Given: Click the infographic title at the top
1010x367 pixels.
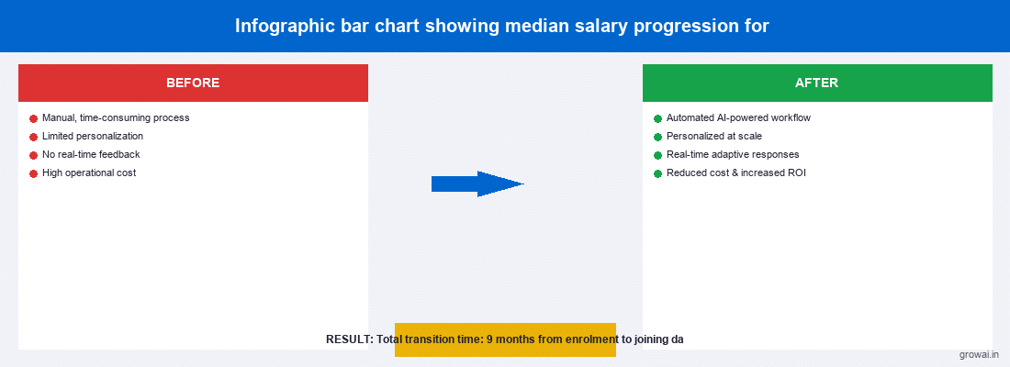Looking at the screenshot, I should [501, 26].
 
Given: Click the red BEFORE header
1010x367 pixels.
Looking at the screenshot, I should [193, 83].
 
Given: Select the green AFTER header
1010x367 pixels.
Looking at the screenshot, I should [816, 83].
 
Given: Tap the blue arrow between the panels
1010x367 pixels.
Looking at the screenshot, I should [477, 183].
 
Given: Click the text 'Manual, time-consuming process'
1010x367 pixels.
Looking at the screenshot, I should [116, 118].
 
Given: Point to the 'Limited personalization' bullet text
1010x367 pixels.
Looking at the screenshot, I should [93, 137].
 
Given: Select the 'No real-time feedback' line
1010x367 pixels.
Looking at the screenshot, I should [91, 155].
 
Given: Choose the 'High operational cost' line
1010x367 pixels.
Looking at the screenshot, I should [89, 173].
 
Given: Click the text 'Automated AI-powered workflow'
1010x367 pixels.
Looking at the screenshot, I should [738, 118].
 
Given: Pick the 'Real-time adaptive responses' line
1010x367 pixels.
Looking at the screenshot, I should [733, 155].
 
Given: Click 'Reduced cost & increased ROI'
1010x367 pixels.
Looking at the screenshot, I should [736, 173].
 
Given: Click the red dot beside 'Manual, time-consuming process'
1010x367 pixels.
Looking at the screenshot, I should [34, 118].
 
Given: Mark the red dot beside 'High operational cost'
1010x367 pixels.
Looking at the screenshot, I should [34, 173].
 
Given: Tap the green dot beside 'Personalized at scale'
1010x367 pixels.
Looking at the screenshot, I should [657, 137].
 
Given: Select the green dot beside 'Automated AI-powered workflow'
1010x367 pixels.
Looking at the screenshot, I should [657, 118].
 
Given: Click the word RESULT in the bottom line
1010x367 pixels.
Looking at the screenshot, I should [348, 339].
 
